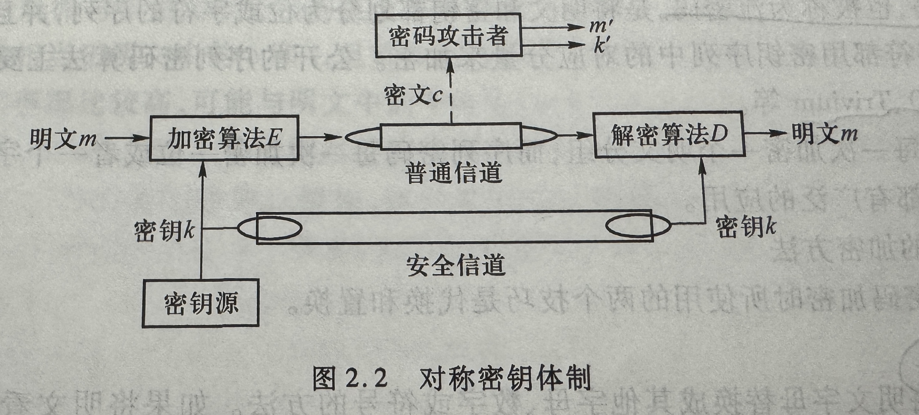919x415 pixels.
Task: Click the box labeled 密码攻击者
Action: point(449,36)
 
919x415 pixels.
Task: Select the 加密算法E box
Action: point(224,138)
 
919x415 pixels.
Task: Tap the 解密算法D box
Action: point(668,135)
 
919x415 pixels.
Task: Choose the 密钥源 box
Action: point(201,303)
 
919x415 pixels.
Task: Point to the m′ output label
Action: point(601,26)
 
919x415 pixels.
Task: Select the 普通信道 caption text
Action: point(453,173)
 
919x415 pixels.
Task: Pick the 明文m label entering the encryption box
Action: point(63,138)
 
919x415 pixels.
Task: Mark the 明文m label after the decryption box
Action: point(824,134)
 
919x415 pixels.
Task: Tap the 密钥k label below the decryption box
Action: point(746,227)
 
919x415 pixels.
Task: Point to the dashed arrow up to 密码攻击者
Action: point(450,93)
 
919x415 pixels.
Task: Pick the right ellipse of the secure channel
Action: point(638,227)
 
